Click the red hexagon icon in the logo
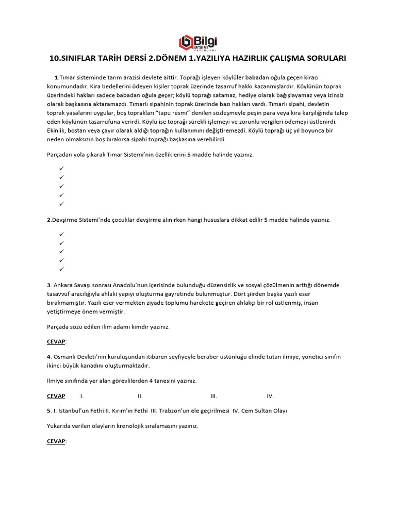[x=185, y=42]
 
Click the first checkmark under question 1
[x=61, y=169]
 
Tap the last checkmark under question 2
[x=61, y=269]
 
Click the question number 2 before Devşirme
[x=49, y=220]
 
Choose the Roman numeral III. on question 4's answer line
[x=213, y=396]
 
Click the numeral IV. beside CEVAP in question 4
[x=270, y=396]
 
